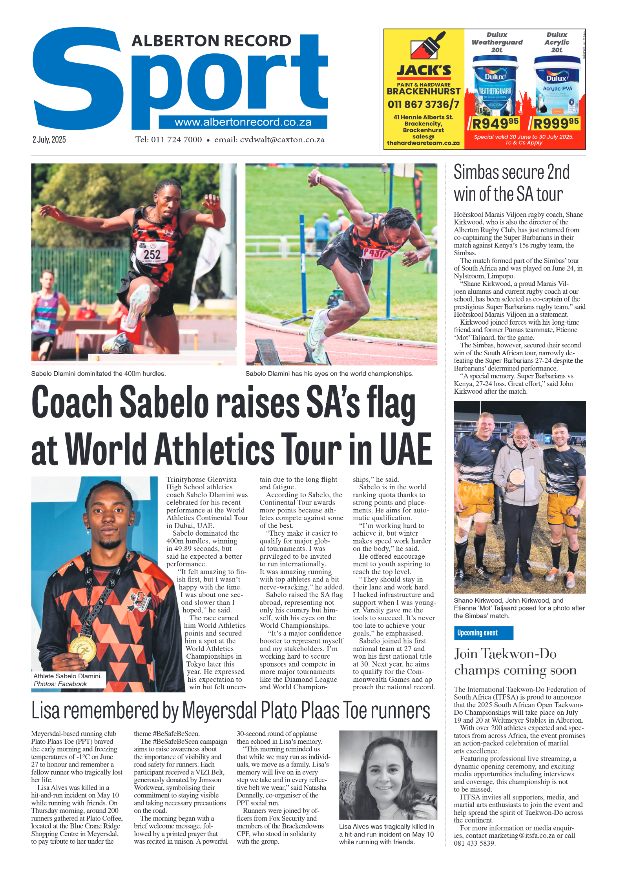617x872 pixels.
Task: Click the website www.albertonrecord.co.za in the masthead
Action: pos(243,122)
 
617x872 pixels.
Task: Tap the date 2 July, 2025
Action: pos(49,140)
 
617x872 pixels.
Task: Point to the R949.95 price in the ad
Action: pos(495,124)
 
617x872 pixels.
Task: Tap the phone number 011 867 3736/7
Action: pos(423,104)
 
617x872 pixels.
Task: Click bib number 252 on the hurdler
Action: pos(152,254)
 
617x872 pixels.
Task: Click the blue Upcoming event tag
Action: pos(483,633)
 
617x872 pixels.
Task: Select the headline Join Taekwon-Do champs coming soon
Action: pos(515,662)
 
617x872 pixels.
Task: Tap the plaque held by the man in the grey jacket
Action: pos(517,478)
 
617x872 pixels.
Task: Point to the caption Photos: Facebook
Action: pos(60,684)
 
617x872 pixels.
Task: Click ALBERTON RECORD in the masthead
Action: pos(211,41)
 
